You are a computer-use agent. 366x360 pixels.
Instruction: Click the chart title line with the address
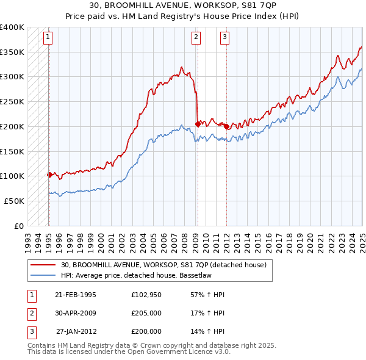tap(183, 5)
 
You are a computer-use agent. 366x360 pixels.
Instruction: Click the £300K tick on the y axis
tap(12, 77)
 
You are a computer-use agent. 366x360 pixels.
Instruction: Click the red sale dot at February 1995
tap(49, 175)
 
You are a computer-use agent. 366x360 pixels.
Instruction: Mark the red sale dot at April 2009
tap(198, 123)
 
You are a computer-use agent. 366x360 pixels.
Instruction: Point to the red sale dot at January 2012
tap(226, 126)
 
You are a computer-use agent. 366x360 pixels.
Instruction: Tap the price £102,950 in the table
tap(146, 295)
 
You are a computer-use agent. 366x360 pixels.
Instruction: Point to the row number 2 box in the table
tap(30, 313)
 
